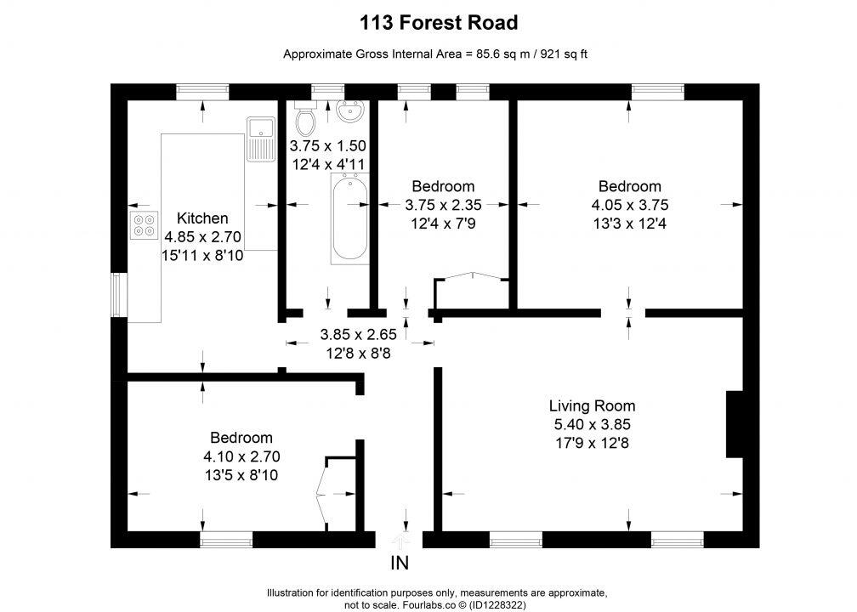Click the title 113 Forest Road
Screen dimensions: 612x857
pos(428,22)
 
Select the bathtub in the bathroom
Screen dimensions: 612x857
pos(349,219)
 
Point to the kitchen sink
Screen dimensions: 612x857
pos(260,139)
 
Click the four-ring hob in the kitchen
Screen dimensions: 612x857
pos(144,223)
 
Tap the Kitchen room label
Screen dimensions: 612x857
pos(201,218)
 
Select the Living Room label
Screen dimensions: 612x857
pos(592,405)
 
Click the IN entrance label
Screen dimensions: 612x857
pos(400,563)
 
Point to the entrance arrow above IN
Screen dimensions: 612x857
pos(400,539)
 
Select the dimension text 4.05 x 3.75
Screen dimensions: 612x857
pos(628,205)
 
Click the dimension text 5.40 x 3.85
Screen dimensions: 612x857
pos(592,424)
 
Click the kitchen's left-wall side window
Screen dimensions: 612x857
pos(119,295)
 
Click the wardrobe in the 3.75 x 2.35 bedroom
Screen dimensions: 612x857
pos(471,291)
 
